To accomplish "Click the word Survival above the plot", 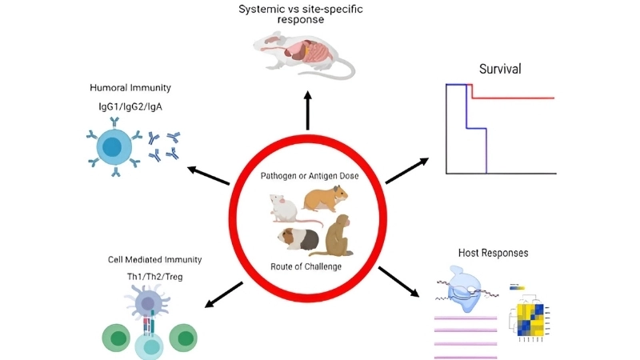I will [500, 69].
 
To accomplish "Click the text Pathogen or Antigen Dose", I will [308, 175].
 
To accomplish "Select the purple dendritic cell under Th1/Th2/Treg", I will [149, 303].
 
